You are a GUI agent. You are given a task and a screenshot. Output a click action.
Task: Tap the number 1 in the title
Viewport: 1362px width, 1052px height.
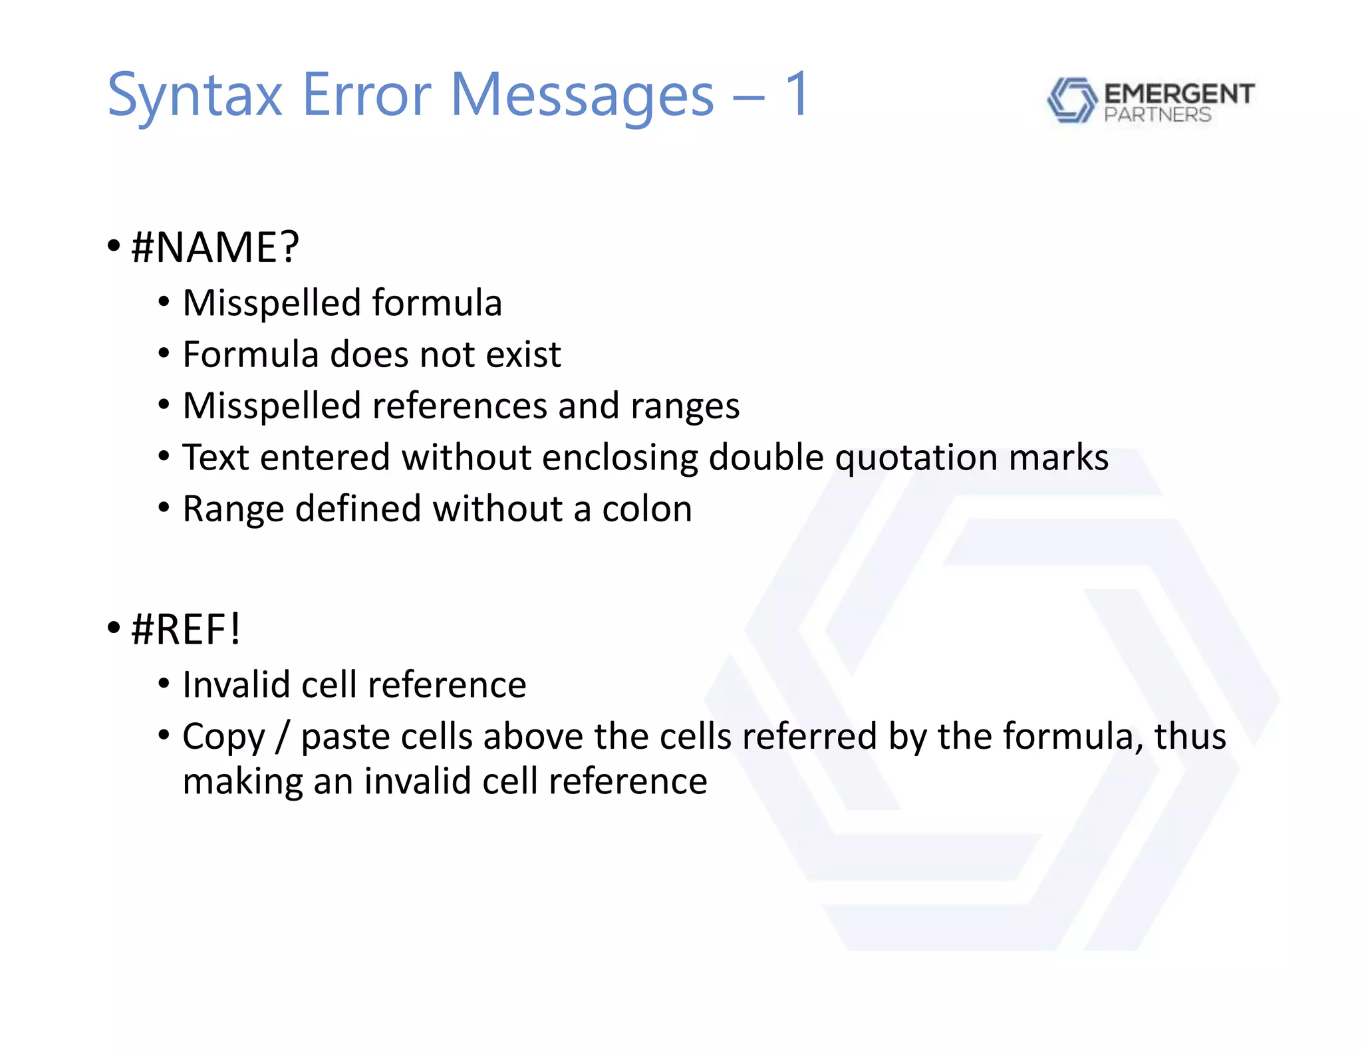[797, 94]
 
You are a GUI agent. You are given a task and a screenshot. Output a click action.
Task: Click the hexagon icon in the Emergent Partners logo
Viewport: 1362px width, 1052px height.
[1071, 100]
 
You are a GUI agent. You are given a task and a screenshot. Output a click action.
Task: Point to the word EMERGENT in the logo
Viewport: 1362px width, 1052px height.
[1179, 94]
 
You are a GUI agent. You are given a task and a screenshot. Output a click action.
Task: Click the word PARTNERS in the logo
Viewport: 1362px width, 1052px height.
[1157, 115]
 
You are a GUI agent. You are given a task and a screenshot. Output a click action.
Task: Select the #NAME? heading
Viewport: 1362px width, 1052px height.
[215, 247]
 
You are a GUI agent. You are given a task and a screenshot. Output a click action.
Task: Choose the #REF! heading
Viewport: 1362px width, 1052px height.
[186, 629]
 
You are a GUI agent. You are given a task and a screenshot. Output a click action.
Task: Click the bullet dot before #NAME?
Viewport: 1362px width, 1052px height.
[114, 246]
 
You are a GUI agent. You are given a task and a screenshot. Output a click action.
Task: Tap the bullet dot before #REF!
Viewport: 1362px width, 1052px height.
[114, 627]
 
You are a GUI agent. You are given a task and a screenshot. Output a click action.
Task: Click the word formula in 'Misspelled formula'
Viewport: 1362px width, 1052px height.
[436, 303]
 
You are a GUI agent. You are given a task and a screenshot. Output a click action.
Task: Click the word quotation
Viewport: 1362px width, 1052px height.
[915, 458]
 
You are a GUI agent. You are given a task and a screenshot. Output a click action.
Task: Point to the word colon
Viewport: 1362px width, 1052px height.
[646, 509]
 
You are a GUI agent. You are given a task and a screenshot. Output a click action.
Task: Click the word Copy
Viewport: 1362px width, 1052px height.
[223, 737]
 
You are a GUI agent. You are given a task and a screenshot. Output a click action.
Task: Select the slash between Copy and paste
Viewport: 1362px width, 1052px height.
[283, 737]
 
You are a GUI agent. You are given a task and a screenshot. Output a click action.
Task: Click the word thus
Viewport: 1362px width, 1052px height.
[1190, 736]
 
